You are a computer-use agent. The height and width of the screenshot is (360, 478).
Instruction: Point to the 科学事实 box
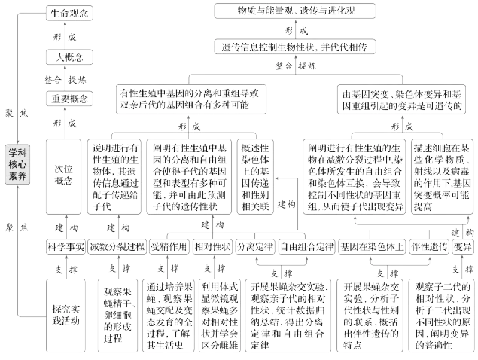[64, 246]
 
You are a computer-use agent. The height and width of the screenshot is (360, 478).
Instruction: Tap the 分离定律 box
[253, 246]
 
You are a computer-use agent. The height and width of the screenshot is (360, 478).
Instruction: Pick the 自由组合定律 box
[306, 246]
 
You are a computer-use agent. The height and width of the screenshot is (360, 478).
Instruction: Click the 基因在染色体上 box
[371, 246]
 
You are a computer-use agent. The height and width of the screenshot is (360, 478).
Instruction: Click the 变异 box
[464, 246]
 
